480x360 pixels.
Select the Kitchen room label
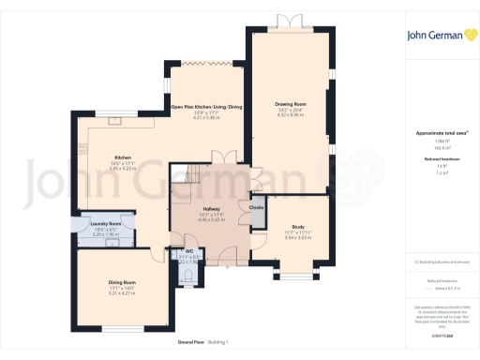123,157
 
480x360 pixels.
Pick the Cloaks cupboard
256,207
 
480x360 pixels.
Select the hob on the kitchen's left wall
82,155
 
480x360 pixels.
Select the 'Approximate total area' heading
435,133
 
